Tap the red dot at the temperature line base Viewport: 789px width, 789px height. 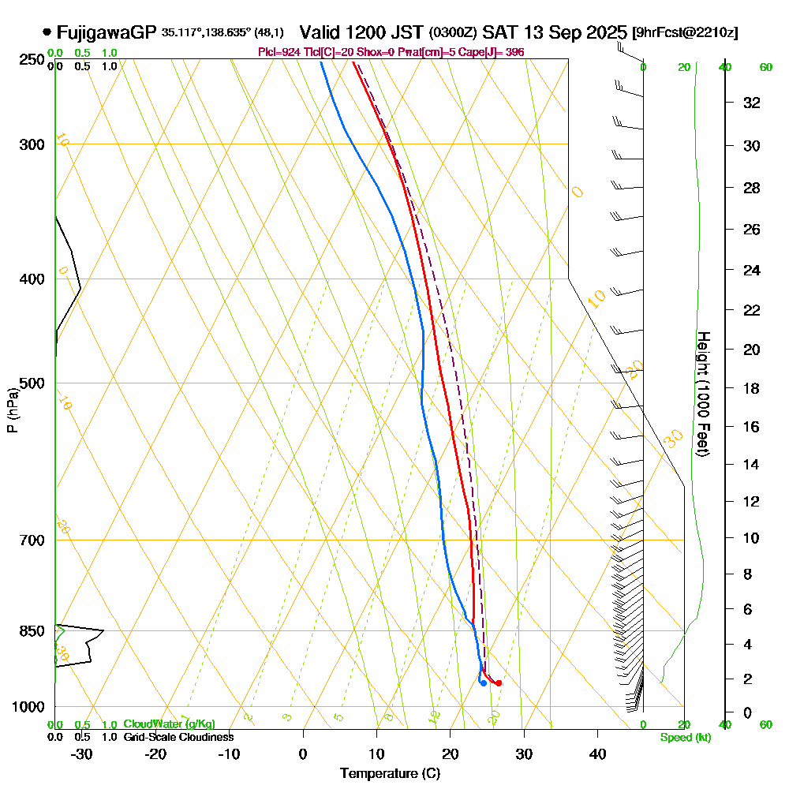pos(498,682)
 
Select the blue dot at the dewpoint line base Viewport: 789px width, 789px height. pos(483,683)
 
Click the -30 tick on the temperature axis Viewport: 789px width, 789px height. pos(82,753)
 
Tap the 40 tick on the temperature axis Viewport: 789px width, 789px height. pos(597,753)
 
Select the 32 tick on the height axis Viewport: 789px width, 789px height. pos(750,103)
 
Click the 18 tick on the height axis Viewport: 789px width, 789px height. pos(750,388)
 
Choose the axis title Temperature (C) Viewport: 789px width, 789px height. pos(390,774)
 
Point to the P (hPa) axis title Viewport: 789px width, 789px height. pos(13,410)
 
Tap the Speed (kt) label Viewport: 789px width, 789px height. pos(683,737)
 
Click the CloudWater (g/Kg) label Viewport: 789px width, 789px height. pos(169,724)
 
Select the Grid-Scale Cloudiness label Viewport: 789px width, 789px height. pos(178,737)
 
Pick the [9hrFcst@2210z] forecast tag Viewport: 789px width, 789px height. pos(685,33)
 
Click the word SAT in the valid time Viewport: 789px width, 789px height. pos(499,32)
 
